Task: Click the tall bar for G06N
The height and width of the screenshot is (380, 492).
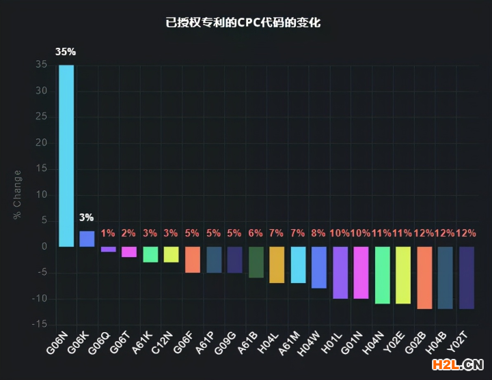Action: coord(66,156)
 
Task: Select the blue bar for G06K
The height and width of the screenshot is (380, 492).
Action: coord(87,239)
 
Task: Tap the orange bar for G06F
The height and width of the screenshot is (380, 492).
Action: coord(193,259)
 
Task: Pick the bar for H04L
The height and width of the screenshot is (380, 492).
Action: coord(276,265)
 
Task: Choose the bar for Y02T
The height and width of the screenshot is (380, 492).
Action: coord(467,278)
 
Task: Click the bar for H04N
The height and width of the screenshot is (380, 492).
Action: coord(383,275)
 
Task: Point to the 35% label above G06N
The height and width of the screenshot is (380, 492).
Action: coord(66,52)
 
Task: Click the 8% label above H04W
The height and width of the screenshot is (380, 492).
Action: coord(318,233)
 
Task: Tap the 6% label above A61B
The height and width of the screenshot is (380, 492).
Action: coord(256,233)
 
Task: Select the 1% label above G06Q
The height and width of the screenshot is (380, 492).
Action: coord(108,233)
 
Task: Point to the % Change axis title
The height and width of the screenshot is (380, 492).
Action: coord(17,194)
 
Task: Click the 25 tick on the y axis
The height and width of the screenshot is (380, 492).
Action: coord(42,117)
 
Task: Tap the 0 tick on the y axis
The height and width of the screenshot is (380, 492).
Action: coord(44,246)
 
